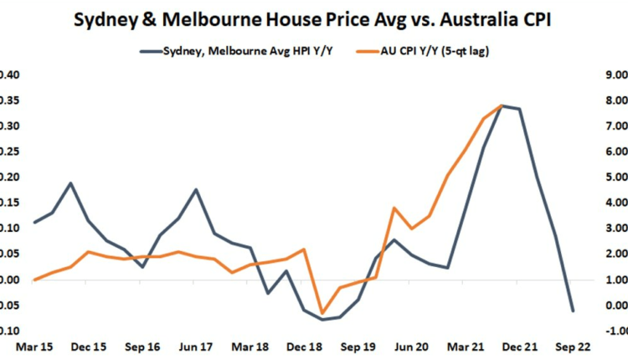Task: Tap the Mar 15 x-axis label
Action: tap(33, 345)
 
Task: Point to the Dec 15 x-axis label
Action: tap(89, 345)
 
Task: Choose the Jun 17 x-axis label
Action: tap(198, 345)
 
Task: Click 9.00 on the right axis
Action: tap(614, 75)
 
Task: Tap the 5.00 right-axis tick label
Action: tap(614, 177)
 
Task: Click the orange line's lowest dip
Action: tap(322, 314)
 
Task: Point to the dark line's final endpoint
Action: tap(573, 311)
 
